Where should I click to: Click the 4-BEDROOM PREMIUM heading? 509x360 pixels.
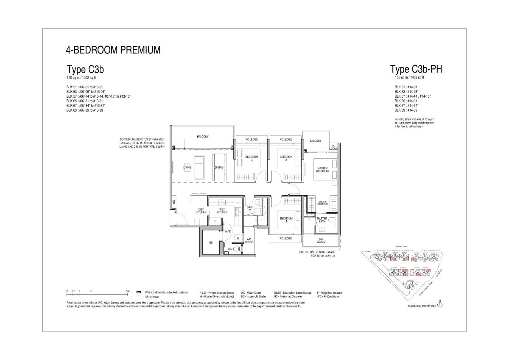point(113,50)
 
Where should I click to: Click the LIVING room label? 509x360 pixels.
point(187,167)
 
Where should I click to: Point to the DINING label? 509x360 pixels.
point(219,167)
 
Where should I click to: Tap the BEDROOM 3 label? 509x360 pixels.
point(252,158)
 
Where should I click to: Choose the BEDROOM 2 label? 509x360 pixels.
point(286,158)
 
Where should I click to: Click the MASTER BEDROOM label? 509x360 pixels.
point(322,170)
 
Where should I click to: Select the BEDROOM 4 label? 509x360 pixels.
point(286,220)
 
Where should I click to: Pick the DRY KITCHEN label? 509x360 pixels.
point(201,211)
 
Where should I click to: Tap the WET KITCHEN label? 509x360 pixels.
point(222,211)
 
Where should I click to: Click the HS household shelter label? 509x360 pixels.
point(210,242)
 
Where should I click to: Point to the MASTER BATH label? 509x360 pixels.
point(322,220)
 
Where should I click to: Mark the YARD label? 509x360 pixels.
point(228,231)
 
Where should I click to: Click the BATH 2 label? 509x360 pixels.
point(250,208)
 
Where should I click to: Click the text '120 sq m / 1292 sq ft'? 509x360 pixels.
point(82,79)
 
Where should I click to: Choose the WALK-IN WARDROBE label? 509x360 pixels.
point(322,203)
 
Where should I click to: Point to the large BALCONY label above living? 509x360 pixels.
point(203,136)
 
